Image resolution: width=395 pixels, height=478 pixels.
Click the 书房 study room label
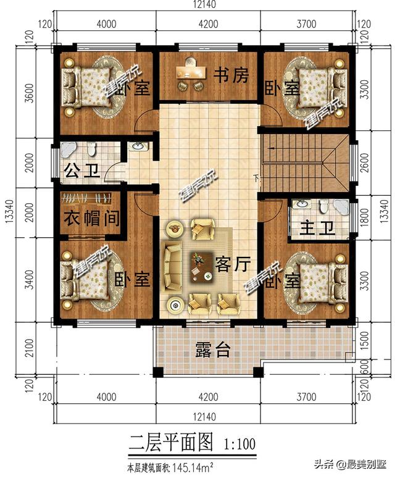(x=231, y=76)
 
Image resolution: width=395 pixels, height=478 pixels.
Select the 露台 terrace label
(x=213, y=350)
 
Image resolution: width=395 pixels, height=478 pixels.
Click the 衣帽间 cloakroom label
(x=91, y=219)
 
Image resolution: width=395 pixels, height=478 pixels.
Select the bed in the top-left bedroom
(x=86, y=85)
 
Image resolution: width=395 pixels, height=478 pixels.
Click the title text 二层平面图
(x=170, y=442)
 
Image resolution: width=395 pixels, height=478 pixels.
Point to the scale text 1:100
(x=238, y=443)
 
